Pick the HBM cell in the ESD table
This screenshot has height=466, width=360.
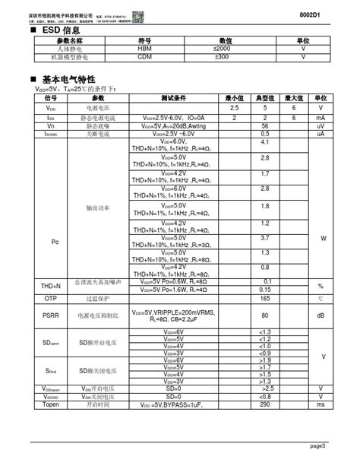[144, 49]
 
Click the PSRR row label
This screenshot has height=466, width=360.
[50, 315]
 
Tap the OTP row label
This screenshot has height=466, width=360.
[50, 300]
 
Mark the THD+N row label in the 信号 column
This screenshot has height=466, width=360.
[50, 285]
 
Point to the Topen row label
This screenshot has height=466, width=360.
[50, 405]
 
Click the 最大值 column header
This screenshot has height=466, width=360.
[293, 99]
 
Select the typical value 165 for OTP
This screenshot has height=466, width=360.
[265, 300]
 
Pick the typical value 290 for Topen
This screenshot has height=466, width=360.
[265, 405]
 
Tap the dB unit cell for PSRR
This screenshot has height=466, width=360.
[321, 315]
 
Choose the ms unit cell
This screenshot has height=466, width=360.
[321, 405]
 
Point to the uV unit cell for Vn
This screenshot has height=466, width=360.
[321, 125]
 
